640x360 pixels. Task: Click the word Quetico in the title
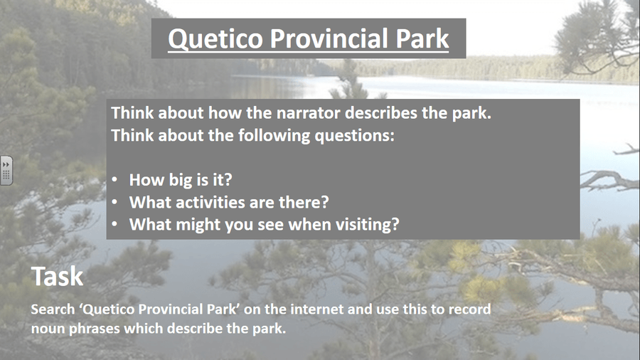click(x=215, y=39)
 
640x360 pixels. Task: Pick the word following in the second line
click(x=274, y=135)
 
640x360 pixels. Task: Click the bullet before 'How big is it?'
click(x=114, y=179)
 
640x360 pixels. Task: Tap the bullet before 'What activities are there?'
click(x=114, y=202)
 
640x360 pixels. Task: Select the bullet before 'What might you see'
click(x=114, y=224)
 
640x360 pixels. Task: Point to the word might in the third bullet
click(x=198, y=225)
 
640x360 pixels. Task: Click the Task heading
click(x=57, y=276)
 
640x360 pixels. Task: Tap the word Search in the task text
click(x=53, y=309)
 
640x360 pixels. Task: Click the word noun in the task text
click(x=48, y=329)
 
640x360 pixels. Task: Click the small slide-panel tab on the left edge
click(x=6, y=171)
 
